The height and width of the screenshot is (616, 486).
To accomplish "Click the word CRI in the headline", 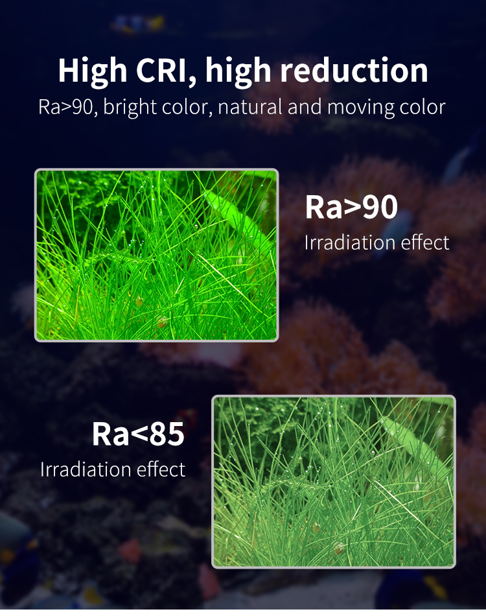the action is tap(161, 70).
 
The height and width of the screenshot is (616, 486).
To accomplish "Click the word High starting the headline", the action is tap(93, 71).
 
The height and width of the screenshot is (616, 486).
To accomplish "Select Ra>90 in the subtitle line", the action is tap(66, 107).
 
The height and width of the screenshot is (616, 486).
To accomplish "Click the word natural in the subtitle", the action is tap(250, 107).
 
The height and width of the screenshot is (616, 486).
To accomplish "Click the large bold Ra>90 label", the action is tap(351, 207).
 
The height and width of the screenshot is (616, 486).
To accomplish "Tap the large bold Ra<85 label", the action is tap(138, 434).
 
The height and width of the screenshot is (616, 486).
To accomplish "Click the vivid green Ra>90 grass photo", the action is tap(157, 255).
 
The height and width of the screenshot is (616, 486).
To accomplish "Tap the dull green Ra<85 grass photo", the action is tap(334, 482).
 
